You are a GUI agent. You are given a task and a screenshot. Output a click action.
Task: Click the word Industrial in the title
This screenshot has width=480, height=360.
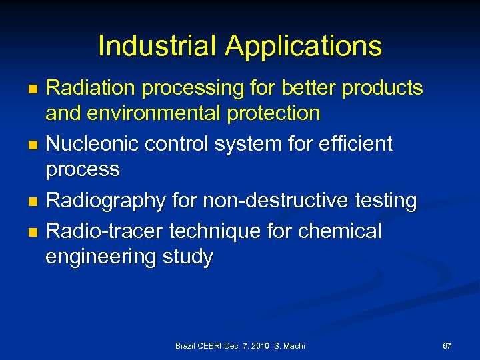pos(157,46)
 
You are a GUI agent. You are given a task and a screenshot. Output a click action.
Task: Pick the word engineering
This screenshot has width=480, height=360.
pos(100,257)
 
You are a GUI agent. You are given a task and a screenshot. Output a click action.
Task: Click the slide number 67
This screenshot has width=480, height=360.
pos(447,346)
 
